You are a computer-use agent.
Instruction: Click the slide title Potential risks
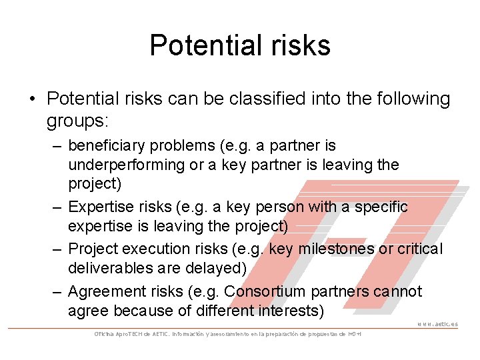(240, 45)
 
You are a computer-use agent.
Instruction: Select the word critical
(418, 249)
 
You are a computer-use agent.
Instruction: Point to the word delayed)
(216, 267)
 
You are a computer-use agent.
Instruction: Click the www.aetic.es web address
(437, 325)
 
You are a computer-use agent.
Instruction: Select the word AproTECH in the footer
(127, 333)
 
